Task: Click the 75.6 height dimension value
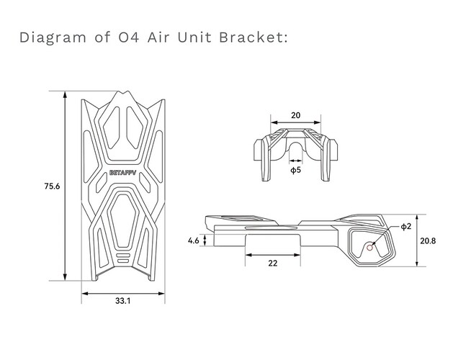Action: [x=51, y=186]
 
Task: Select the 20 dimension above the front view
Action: [x=295, y=114]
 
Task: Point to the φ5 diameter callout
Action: [x=295, y=171]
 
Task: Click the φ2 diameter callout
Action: [x=406, y=227]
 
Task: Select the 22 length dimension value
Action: [x=272, y=263]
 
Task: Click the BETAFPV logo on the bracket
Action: [x=122, y=172]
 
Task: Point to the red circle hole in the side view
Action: [x=370, y=247]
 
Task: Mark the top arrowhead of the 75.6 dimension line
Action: [x=67, y=94]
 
